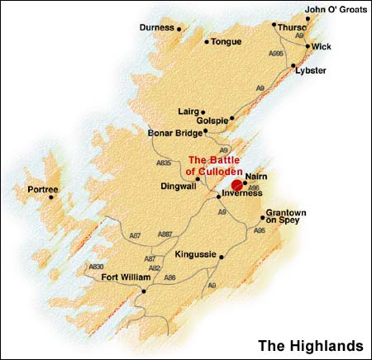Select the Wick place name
coord(322,46)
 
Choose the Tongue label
coord(227,40)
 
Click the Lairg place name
coord(189,111)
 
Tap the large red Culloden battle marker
coord(236,185)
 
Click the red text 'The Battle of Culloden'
coord(215,165)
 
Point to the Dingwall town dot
coord(198,178)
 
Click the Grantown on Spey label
coord(286,217)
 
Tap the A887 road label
coord(166,235)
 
